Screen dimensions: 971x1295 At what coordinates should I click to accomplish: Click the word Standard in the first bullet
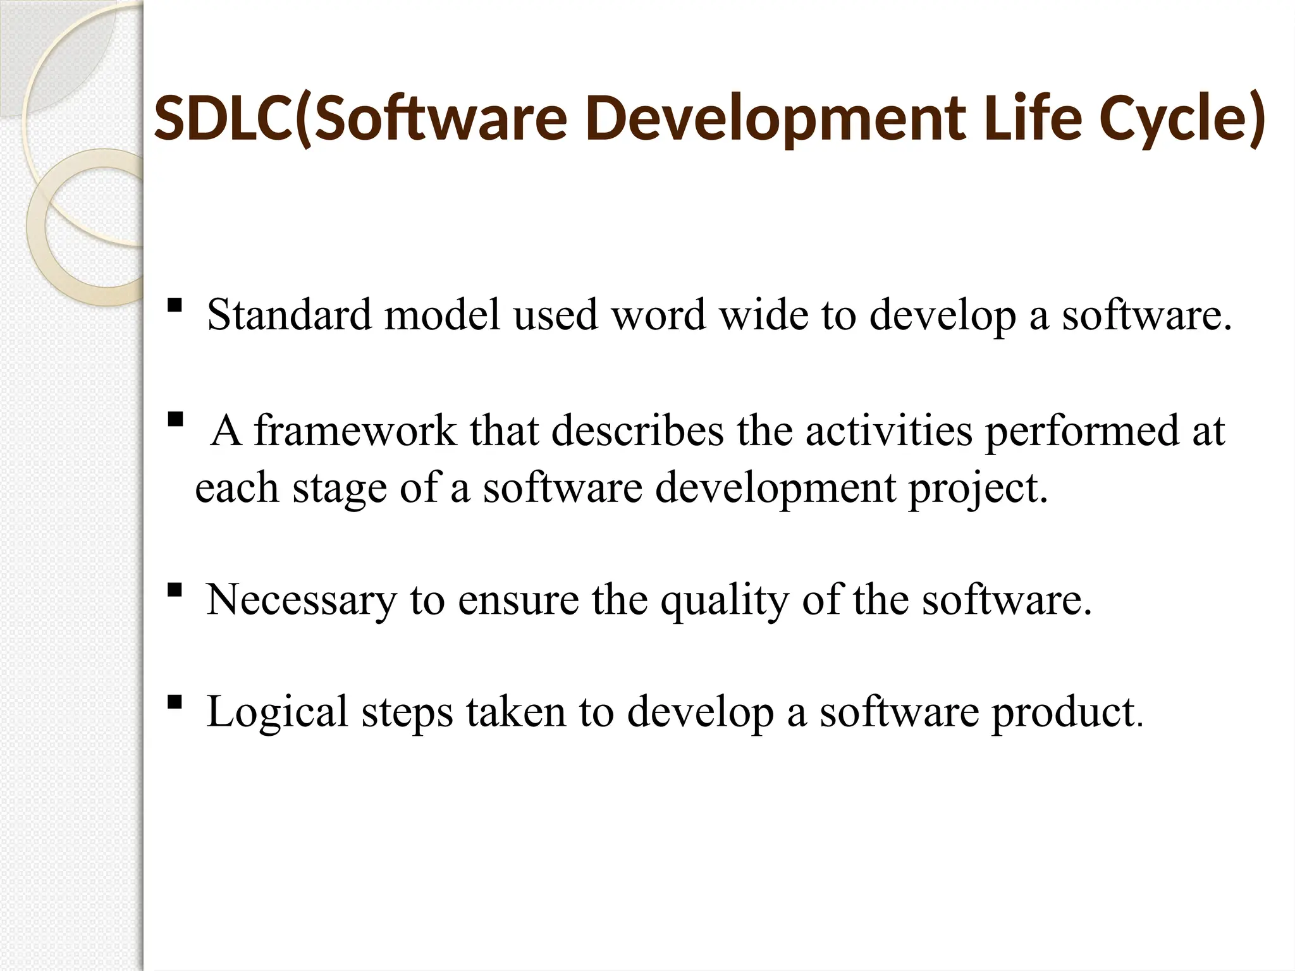tap(289, 314)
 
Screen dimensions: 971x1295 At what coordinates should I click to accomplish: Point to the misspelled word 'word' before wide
tap(658, 314)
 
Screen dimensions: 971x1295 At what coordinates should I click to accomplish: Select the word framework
tap(355, 431)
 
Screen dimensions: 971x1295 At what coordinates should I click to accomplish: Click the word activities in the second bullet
tap(888, 431)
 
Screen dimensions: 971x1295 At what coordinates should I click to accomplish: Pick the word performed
tap(1082, 431)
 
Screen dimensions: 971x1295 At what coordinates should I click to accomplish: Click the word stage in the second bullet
tap(339, 488)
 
